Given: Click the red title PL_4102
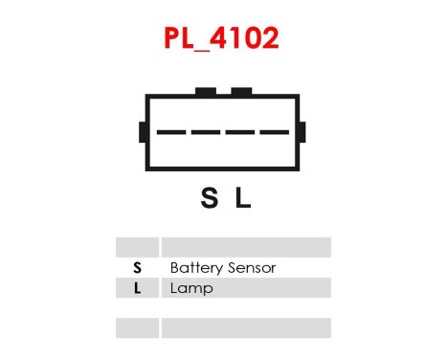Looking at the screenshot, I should coord(223,38).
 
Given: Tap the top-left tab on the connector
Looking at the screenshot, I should coord(205,92).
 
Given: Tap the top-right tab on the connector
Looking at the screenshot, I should coord(242,92).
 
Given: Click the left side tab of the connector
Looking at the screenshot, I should coord(143,132).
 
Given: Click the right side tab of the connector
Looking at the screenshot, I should coord(302,132).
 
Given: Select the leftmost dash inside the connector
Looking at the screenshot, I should coord(172,132).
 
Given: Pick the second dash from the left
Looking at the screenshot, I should coord(206,132).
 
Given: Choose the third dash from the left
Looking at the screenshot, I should coord(240,132).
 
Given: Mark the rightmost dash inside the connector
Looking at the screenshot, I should coord(274,132).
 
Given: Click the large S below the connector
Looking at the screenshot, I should coord(209,198).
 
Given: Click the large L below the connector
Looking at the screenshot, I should coord(243,198).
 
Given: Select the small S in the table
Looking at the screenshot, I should coord(137,268).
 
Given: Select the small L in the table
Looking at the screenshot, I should coord(137,288).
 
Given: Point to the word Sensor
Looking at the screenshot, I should coord(252,268).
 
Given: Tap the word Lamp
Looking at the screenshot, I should coord(191,288).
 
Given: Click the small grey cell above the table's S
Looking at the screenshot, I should coord(137,247).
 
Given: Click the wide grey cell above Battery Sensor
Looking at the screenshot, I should coord(246,247).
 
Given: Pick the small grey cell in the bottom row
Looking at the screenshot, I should coord(137,328).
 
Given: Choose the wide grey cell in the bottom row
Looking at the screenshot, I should coord(246,328).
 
